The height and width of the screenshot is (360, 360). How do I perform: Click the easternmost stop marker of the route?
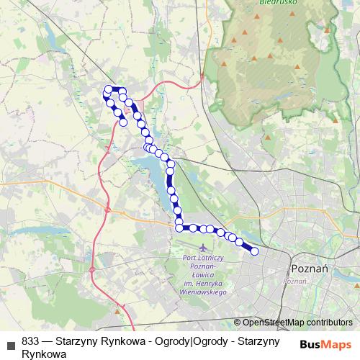(x=254, y=251)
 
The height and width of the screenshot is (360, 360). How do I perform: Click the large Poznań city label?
(x=310, y=268)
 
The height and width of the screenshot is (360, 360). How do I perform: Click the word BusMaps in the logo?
(x=325, y=343)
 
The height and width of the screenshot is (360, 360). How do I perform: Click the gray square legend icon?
(x=10, y=344)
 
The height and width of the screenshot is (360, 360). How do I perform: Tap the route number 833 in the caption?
(x=31, y=342)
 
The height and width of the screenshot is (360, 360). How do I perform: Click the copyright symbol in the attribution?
(x=238, y=323)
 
